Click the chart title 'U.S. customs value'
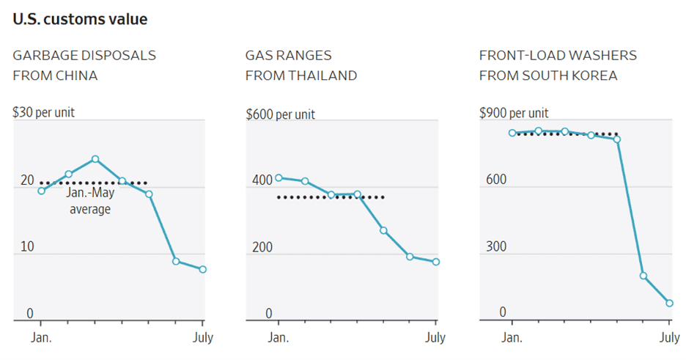(x=80, y=20)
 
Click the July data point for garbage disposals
(x=202, y=269)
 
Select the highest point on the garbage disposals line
(x=95, y=159)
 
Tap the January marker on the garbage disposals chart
(x=41, y=191)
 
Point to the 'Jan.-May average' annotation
(x=89, y=202)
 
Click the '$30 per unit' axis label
(x=43, y=112)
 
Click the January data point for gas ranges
(x=279, y=178)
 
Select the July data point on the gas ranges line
(x=435, y=262)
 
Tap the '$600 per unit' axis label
(x=279, y=114)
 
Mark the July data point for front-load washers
(x=669, y=303)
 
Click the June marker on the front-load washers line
(x=643, y=276)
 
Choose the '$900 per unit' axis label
(x=513, y=113)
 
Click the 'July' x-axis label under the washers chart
(x=669, y=338)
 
